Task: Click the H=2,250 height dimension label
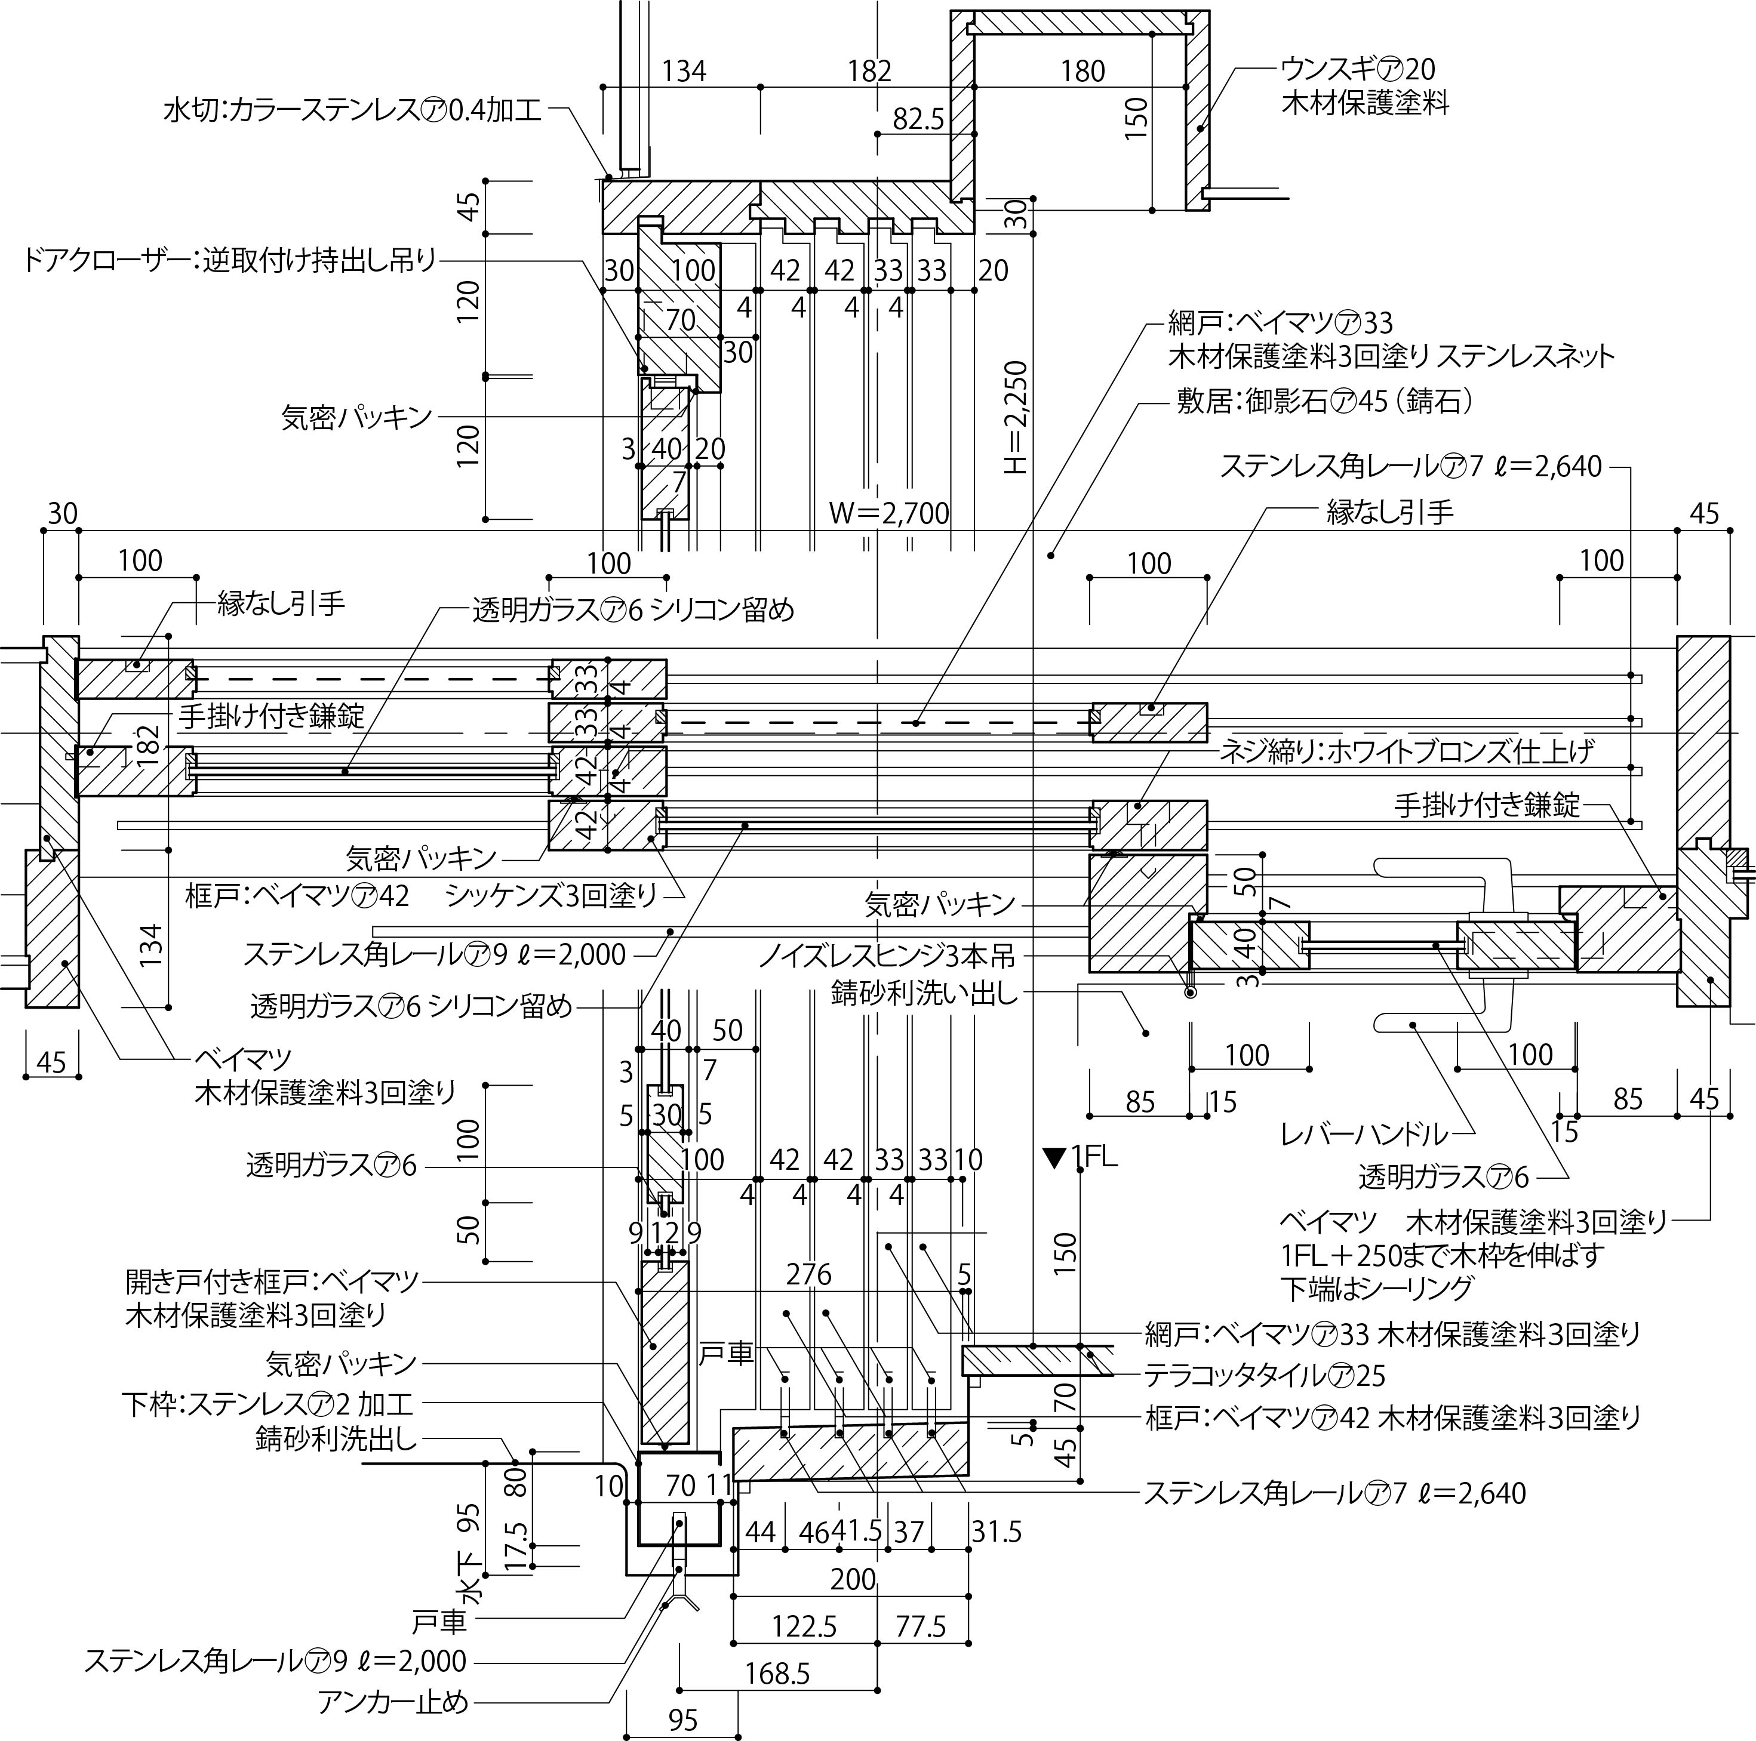(x=1016, y=418)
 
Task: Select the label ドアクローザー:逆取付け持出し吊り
(x=229, y=261)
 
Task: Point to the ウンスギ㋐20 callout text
(x=1358, y=69)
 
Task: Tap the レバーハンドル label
(x=1363, y=1134)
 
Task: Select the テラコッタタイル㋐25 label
(x=1264, y=1376)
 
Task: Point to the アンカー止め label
(x=393, y=1701)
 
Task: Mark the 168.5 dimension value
(x=777, y=1673)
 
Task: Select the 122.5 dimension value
(x=804, y=1626)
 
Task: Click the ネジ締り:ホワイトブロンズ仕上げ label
(x=1406, y=751)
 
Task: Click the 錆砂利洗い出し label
(x=925, y=993)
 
